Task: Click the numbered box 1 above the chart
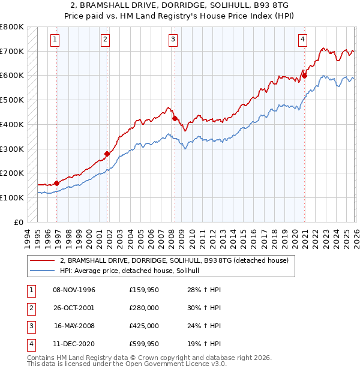point(55,40)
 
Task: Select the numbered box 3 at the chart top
point(173,40)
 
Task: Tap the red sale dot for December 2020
point(304,76)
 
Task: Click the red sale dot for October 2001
point(107,154)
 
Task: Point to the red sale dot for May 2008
point(175,118)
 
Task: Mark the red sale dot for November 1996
point(57,183)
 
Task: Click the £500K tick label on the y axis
point(11,100)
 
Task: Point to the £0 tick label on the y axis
point(17,222)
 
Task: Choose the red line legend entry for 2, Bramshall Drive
point(175,260)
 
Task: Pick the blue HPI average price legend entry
point(133,271)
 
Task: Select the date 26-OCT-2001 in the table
point(74,308)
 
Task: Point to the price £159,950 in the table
point(144,290)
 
